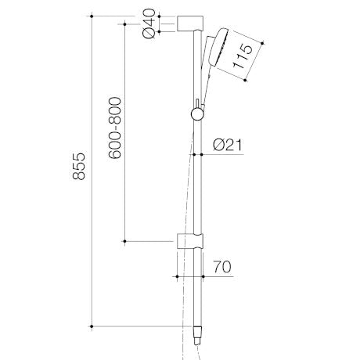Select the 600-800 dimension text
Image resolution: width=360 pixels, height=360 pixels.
pos(114,129)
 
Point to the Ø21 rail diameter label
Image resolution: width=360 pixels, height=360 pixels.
pos(228,144)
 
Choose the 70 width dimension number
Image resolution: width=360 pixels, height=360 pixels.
pos(223,266)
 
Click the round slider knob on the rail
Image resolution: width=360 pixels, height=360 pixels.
pos(195,114)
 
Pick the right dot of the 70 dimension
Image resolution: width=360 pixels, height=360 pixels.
pos(204,275)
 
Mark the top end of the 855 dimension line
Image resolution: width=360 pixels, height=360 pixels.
pos(92,16)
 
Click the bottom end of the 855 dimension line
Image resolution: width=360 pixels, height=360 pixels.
pos(92,324)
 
